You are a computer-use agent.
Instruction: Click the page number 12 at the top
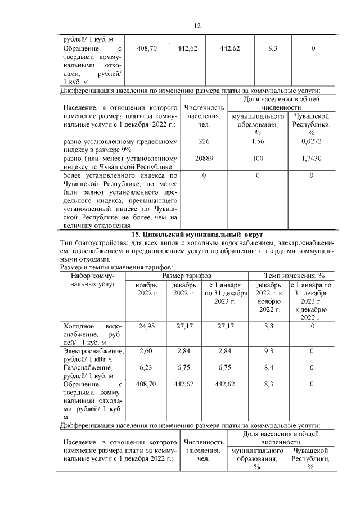197,26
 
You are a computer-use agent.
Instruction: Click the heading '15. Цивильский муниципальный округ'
197,235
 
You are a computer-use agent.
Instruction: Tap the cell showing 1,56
258,142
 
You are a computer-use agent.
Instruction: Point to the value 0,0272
312,142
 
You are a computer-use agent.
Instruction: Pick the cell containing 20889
204,159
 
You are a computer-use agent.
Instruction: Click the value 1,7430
312,159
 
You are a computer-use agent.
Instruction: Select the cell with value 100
258,159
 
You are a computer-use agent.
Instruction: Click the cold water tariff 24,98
147,326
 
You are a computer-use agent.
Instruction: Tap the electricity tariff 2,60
147,351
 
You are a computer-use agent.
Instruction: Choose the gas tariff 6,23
147,367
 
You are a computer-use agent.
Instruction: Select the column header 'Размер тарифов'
187,276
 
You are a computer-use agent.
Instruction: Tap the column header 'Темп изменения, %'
295,276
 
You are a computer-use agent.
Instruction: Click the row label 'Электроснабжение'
93,351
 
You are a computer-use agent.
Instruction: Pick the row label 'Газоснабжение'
88,367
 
